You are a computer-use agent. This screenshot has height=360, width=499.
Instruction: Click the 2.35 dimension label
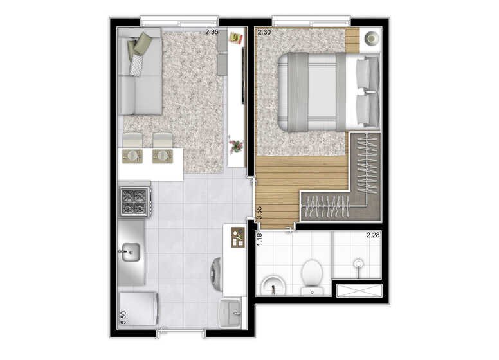(212, 32)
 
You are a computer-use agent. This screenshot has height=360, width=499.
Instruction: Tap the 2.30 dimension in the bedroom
(264, 32)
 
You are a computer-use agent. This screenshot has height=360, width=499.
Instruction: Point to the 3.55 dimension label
(259, 213)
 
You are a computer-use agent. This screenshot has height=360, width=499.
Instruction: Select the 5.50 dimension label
(123, 318)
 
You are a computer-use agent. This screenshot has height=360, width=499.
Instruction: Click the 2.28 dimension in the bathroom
(373, 235)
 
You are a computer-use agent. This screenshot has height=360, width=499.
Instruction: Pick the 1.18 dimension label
(259, 239)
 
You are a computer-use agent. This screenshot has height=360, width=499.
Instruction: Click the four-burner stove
(134, 202)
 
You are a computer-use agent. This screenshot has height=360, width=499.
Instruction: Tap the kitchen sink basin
(131, 252)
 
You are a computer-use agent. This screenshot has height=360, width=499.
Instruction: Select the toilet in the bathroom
(312, 277)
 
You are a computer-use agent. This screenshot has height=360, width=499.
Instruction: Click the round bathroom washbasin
(273, 285)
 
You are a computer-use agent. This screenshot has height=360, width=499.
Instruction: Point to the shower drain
(359, 264)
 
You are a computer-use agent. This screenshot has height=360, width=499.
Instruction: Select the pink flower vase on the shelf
(236, 145)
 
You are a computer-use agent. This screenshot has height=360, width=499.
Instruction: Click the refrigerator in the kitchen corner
(138, 309)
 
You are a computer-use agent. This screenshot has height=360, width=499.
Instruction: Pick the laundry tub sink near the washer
(230, 313)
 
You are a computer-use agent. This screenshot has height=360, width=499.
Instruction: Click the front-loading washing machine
(217, 273)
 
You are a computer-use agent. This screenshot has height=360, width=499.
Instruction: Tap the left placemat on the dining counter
(132, 156)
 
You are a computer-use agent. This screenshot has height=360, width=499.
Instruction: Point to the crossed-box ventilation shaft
(359, 291)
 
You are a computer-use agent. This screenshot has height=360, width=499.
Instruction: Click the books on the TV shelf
(236, 39)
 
